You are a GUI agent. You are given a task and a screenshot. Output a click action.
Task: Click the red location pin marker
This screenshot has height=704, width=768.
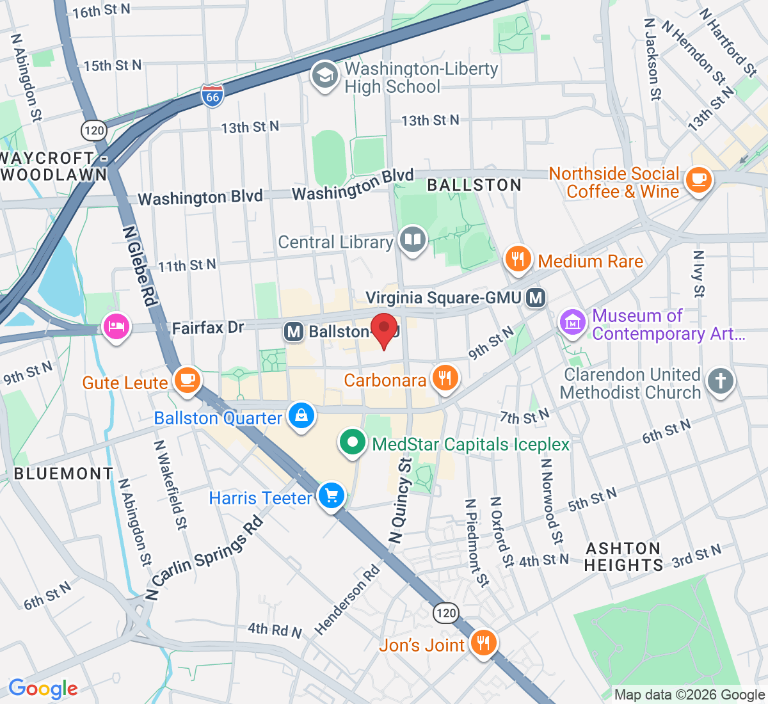coord(384,328)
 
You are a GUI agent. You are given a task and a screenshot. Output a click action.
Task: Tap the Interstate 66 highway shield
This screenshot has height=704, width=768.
coord(212,97)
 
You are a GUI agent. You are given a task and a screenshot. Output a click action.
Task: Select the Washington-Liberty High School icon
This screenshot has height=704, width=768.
coord(324,76)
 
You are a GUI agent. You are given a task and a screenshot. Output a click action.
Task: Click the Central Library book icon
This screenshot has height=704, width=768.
coord(413,240)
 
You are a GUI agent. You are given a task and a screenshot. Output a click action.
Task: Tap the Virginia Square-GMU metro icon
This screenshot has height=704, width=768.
coord(536,298)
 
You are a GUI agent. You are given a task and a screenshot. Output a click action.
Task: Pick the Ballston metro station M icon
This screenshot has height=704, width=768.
coord(294,332)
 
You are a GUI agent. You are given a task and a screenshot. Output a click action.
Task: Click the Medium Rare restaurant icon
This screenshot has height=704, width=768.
coord(518,259)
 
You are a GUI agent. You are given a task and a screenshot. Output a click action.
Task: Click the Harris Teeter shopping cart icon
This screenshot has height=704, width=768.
coord(332,496)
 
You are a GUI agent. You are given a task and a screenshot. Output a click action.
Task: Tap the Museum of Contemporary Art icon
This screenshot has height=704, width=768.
coord(572,322)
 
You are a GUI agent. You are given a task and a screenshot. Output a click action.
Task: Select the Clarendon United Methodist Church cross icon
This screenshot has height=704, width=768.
coord(720,381)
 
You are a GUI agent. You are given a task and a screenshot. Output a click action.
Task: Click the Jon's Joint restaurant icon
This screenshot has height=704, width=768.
coord(483,643)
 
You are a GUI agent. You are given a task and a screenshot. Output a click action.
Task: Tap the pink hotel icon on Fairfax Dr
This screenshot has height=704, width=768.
coord(116,327)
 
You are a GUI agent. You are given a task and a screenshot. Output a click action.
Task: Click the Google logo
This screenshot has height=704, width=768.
coord(43,689)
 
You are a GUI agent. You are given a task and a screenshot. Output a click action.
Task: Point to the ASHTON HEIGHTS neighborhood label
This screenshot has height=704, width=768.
coord(623,557)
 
